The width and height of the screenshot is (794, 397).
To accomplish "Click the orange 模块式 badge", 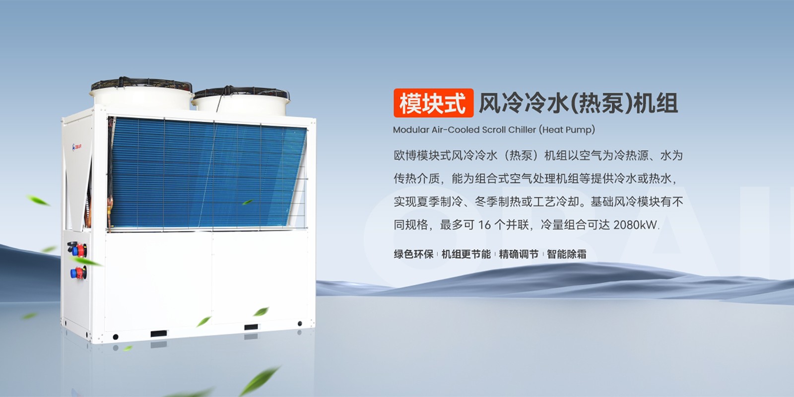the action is (x=434, y=103).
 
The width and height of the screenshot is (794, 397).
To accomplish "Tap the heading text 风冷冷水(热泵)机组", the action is (x=579, y=103).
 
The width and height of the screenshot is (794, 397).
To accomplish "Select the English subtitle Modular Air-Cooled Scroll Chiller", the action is (x=464, y=130).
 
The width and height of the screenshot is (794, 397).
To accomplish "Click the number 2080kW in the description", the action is (x=635, y=225).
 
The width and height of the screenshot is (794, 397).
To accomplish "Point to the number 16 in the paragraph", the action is (x=484, y=225).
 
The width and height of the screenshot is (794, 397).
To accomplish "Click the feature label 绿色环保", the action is (x=414, y=254).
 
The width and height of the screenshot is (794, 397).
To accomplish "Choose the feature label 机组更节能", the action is (x=466, y=254).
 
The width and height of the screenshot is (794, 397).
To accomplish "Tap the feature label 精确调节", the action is (x=519, y=254).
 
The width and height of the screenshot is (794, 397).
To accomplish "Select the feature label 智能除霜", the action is (x=566, y=254).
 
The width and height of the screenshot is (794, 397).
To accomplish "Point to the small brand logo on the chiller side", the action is (x=77, y=147).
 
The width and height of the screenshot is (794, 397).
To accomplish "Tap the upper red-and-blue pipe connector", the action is (x=77, y=249).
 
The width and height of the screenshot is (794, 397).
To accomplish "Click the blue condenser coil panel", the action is (x=207, y=174).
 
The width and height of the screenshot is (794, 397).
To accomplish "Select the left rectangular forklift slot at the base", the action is (x=158, y=333).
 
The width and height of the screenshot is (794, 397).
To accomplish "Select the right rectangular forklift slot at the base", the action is (x=251, y=327).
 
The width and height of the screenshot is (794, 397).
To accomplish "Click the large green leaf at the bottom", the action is (x=260, y=381).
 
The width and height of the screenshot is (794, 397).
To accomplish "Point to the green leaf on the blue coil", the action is (x=248, y=202).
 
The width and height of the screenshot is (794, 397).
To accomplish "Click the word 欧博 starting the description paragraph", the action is (x=405, y=156).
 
